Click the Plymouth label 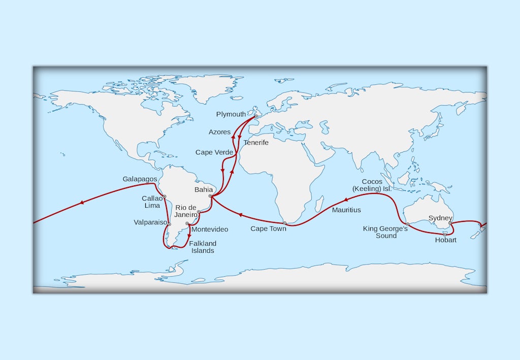pos(231,114)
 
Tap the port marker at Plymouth pos(256,116)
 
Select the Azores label pos(219,132)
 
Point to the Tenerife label pos(256,143)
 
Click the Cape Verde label pos(214,152)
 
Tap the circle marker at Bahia pos(210,196)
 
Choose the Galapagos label pos(140,179)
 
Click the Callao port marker pos(165,197)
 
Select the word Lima pos(152,206)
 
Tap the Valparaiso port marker pos(169,224)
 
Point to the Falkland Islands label pos(203,247)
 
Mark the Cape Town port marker pos(284,222)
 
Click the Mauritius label pos(346,210)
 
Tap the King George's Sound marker pos(407,223)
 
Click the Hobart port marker pos(445,235)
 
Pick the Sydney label pos(440,218)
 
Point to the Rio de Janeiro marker pos(199,212)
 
